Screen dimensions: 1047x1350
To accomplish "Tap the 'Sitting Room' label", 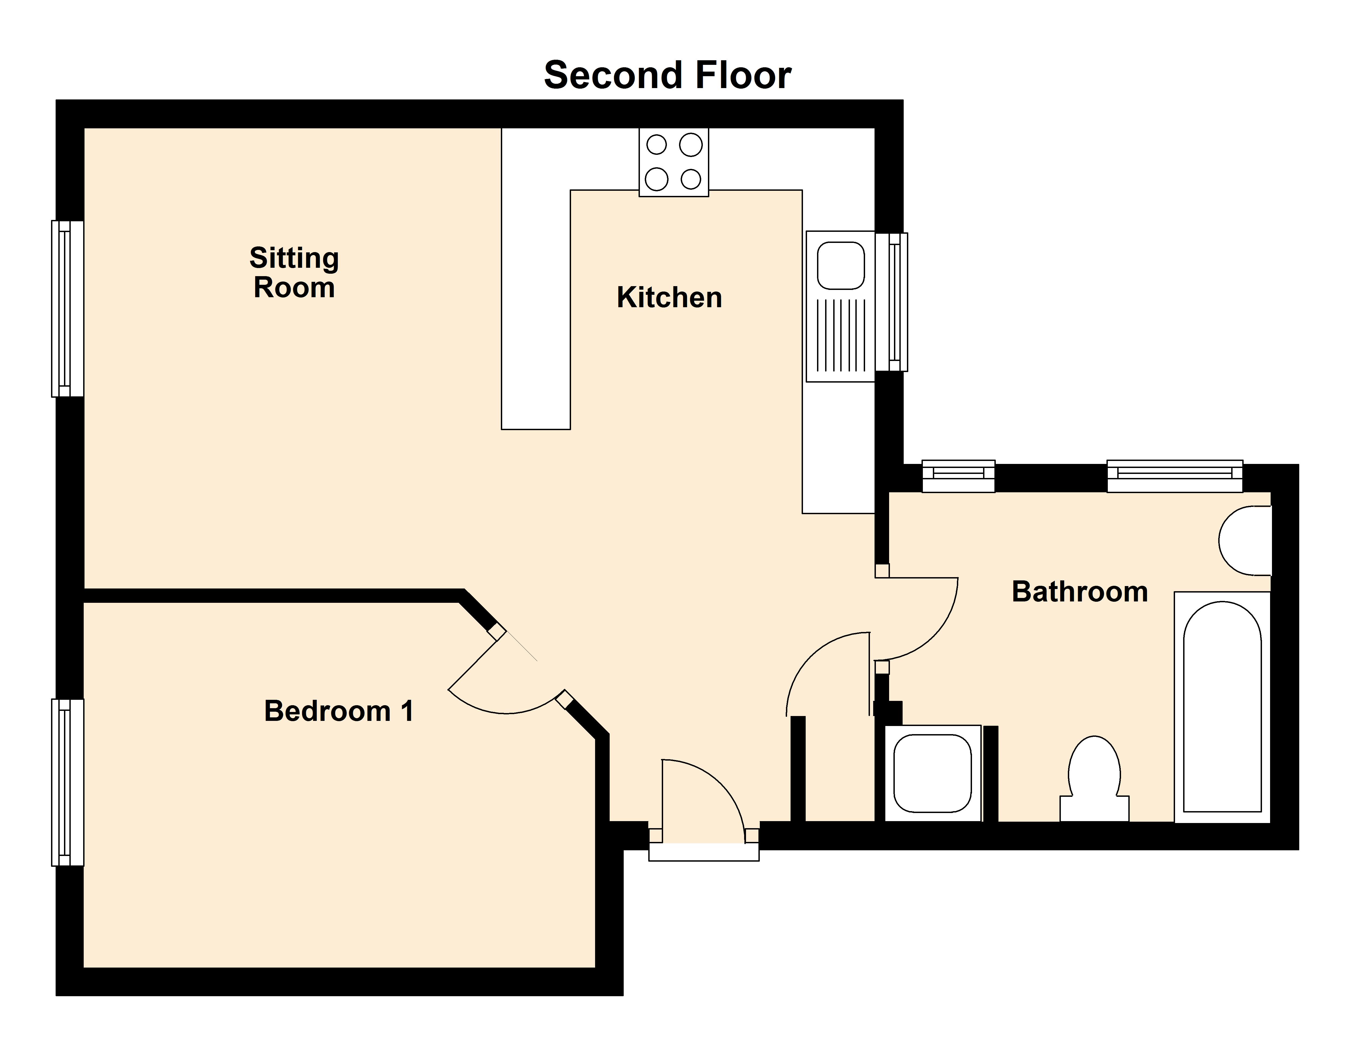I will (294, 273).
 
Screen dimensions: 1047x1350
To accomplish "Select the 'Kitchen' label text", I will (669, 297).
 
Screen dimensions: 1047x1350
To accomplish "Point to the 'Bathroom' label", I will (1079, 592).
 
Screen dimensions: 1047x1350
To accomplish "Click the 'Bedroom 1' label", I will (338, 711).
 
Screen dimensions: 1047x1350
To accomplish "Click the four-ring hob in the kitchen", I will (674, 162).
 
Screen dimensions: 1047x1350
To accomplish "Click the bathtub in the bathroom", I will (1222, 707).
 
